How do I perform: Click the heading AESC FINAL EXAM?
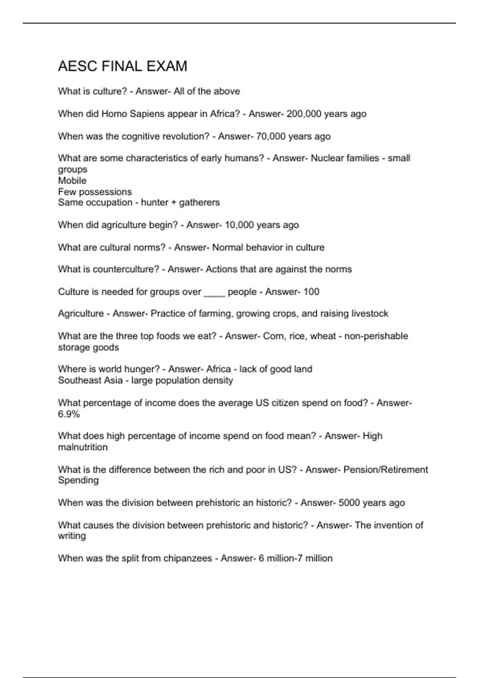(123, 66)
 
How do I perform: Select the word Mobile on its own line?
(72, 181)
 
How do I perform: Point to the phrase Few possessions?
(95, 192)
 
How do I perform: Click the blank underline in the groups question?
(214, 292)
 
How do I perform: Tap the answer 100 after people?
(311, 292)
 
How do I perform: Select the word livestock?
(370, 313)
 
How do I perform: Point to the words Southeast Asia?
(90, 380)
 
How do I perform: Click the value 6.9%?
(69, 414)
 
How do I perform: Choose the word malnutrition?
(83, 447)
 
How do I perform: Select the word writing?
(72, 536)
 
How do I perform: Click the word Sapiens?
(146, 114)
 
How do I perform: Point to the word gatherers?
(199, 203)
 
